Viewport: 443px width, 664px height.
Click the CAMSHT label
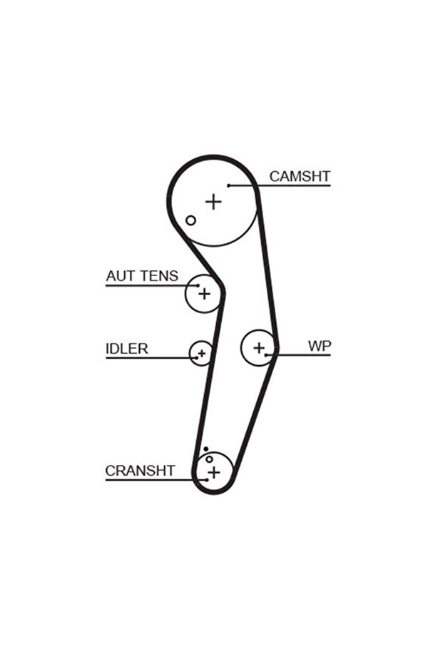click(300, 176)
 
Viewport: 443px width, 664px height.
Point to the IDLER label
click(126, 349)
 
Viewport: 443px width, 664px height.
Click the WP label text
click(320, 346)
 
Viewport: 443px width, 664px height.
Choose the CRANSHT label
click(140, 471)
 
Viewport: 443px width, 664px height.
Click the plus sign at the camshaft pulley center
click(213, 202)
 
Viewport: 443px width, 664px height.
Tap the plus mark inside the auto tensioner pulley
click(204, 293)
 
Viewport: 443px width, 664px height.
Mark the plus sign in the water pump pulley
click(258, 348)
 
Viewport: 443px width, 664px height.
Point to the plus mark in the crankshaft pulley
click(214, 471)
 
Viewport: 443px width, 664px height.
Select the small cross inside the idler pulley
click(202, 352)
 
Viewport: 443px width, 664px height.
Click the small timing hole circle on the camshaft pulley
click(190, 220)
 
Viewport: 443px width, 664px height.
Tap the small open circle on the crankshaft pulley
click(209, 459)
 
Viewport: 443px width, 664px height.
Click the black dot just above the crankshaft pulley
click(205, 449)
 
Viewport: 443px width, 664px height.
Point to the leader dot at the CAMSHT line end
click(229, 185)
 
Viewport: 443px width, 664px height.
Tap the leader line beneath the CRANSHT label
click(150, 479)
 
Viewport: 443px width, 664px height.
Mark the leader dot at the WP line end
click(266, 354)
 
